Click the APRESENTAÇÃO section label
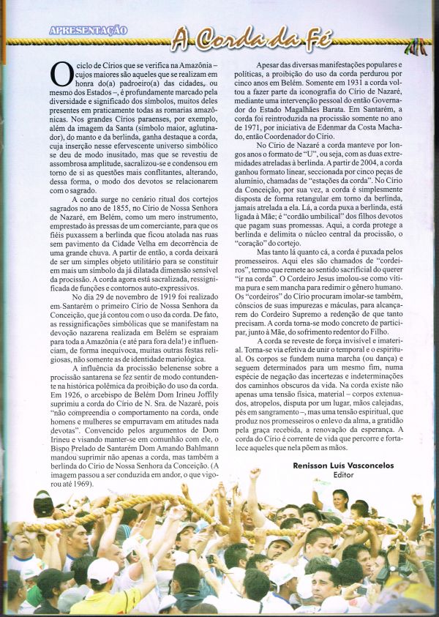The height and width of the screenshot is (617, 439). point(88,30)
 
